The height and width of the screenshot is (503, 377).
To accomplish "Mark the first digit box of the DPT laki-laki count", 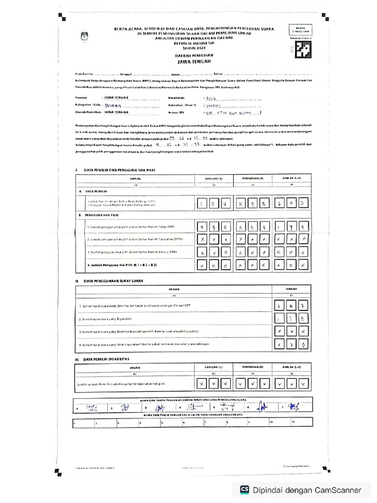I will click(202, 202).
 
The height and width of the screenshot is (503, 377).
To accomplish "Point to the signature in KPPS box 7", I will click(294, 407).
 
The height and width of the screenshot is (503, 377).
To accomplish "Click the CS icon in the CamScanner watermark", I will click(244, 490).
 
